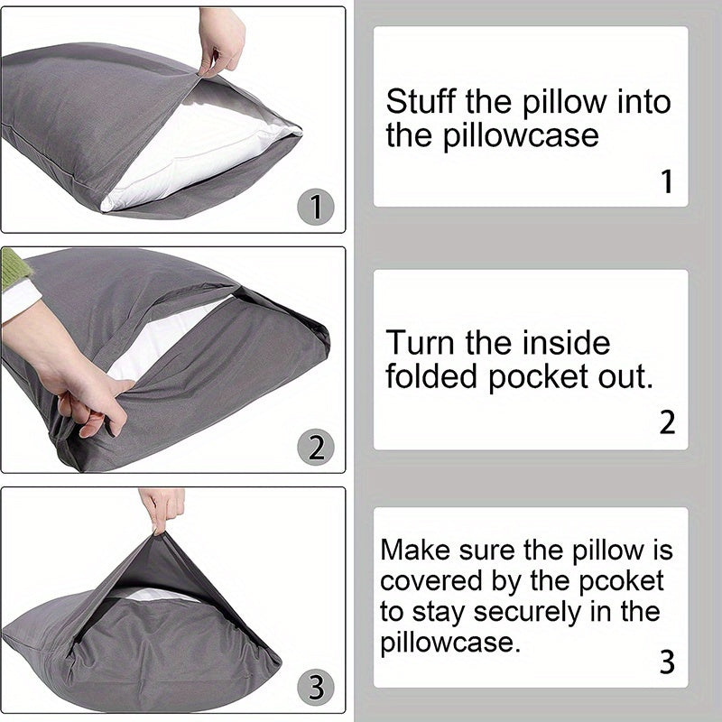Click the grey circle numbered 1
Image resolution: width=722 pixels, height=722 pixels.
[316, 208]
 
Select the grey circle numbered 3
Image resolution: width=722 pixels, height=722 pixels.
[316, 688]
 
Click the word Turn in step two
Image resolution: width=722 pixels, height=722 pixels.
[421, 343]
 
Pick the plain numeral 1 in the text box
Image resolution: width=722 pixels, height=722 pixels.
[666, 182]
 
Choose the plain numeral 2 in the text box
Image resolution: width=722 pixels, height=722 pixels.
[666, 422]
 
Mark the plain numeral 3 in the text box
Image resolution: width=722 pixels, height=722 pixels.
[666, 662]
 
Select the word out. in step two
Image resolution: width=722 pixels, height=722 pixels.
[623, 377]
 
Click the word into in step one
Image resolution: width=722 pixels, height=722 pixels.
[643, 101]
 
